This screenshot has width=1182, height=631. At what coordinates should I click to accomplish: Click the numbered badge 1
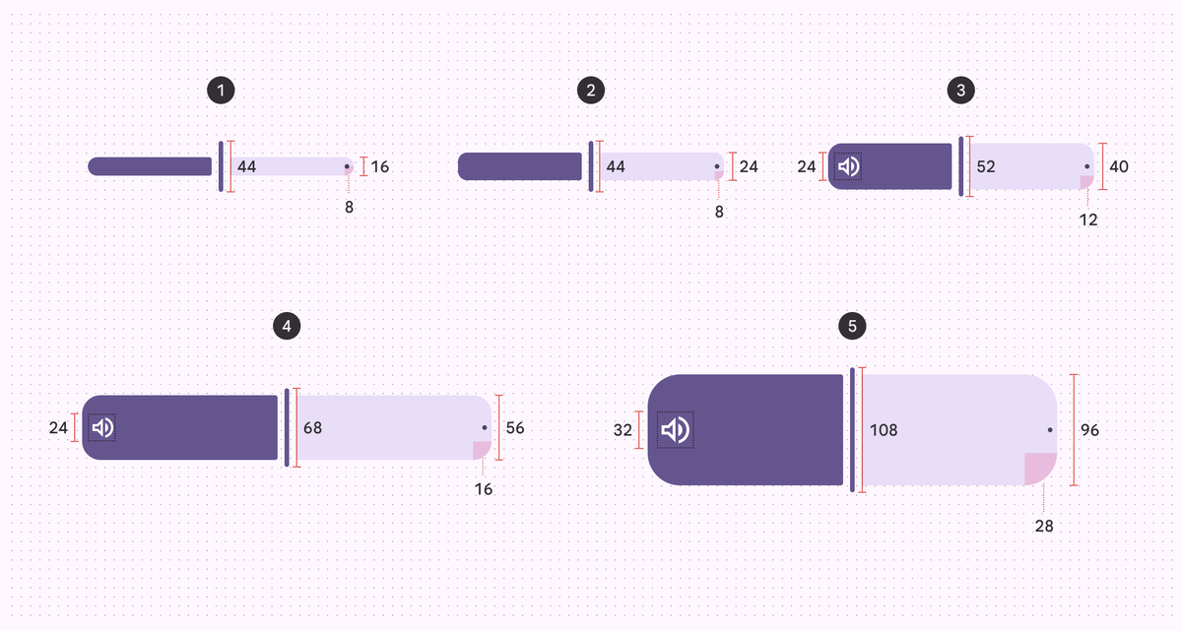point(221,91)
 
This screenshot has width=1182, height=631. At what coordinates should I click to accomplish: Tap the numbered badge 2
point(590,91)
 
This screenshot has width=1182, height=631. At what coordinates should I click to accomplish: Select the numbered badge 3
point(960,91)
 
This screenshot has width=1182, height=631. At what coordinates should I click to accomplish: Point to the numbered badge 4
point(287,326)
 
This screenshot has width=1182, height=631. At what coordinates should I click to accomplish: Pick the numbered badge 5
point(852,326)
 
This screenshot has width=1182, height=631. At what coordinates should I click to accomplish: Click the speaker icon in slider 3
point(848,166)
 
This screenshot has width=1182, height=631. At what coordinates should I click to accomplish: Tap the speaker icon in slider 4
point(102,427)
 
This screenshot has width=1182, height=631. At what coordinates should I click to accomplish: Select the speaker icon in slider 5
point(676,430)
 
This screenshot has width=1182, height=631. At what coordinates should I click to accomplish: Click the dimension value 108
point(884,430)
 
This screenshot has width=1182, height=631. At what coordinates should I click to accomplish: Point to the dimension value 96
point(1089,430)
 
